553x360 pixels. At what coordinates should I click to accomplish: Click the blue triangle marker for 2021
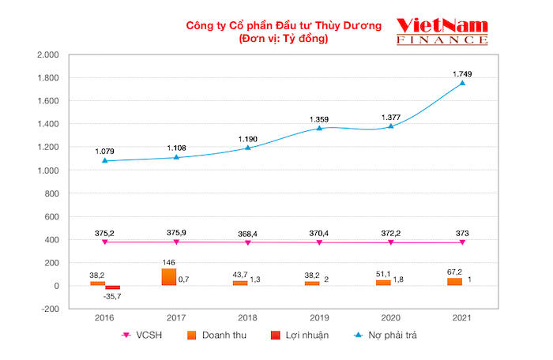(x=462, y=83)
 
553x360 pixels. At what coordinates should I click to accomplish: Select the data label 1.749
(x=462, y=73)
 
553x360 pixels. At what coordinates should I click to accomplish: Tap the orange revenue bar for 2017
(x=169, y=276)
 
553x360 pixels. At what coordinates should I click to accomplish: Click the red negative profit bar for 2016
(x=112, y=287)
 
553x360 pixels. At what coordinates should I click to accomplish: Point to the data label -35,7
(x=115, y=297)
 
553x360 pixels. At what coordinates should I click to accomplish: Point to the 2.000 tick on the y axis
(x=49, y=55)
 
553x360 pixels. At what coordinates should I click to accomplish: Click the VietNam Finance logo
(x=442, y=32)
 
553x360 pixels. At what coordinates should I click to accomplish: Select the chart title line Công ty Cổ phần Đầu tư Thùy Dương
(x=283, y=25)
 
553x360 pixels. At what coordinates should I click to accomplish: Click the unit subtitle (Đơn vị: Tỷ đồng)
(x=283, y=39)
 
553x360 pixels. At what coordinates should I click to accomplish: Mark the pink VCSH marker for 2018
(x=247, y=242)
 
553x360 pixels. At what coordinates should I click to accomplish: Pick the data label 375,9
(x=175, y=232)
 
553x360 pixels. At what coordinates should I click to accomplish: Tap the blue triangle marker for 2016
(x=104, y=160)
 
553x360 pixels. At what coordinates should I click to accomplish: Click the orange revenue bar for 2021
(x=455, y=281)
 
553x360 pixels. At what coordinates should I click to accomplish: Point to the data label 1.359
(x=319, y=118)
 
